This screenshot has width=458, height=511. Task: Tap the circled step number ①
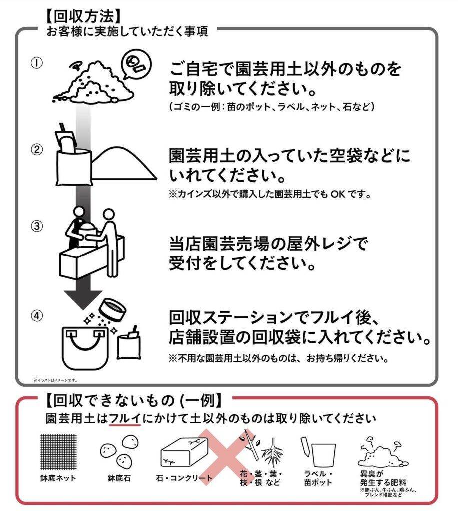37,63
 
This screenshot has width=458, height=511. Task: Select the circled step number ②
37,149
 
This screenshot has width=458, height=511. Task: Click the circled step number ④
37,315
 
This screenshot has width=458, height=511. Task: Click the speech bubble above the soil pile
136,63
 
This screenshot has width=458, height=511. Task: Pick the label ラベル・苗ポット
318,478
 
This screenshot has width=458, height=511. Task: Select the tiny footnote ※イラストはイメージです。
56,380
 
